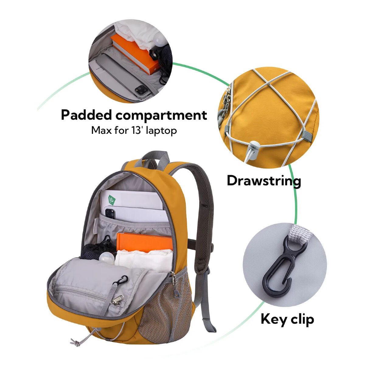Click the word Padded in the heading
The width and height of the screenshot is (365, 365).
click(x=87, y=115)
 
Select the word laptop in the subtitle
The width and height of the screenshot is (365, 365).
click(x=162, y=131)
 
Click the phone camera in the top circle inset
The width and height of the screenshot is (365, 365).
click(x=141, y=90)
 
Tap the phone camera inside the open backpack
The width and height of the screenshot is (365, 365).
click(x=110, y=214)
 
